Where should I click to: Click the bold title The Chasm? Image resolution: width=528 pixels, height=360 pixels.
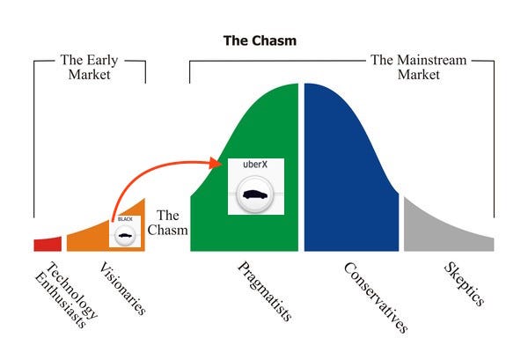coord(260,40)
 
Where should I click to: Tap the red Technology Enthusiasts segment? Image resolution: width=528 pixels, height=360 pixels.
coord(48,245)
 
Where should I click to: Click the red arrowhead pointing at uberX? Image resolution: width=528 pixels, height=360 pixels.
coord(216,163)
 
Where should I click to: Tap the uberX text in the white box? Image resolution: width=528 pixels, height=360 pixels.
coord(255,165)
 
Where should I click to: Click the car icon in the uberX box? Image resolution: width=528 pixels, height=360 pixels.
coord(255,195)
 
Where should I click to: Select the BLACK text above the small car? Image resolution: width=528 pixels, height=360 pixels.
coord(125,219)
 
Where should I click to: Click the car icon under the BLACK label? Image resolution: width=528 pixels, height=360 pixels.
coord(125,235)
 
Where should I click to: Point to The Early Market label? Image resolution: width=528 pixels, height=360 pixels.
coord(89,67)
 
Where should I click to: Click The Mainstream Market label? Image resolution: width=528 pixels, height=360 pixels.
coord(419,67)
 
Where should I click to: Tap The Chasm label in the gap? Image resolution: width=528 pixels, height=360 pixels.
coord(168,223)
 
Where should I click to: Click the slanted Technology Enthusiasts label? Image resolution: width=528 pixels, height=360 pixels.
coord(66,295)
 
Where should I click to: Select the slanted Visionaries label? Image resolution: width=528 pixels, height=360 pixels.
coord(123,289)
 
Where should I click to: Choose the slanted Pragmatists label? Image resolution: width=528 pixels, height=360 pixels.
coord(265,291)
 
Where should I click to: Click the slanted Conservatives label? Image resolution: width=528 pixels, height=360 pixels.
coord(376,298)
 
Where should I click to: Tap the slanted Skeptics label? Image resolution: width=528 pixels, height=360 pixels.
coord(464,284)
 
